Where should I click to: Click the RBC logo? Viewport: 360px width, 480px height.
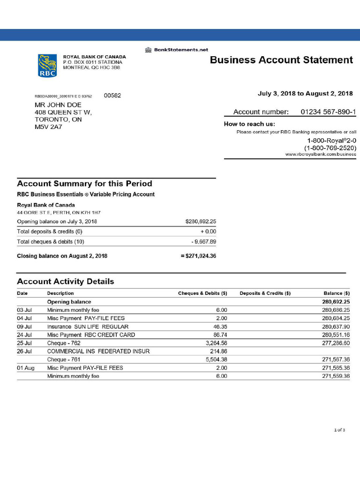pos(47,65)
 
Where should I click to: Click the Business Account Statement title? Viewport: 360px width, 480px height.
pos(281,60)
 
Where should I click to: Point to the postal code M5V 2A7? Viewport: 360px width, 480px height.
pos(49,127)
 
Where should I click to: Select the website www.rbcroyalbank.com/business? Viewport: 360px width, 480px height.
pos(321,154)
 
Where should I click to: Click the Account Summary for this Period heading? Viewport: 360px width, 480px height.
pos(84,184)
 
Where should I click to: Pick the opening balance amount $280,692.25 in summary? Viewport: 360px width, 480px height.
pos(201,221)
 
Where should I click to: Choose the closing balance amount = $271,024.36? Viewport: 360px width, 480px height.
pos(198,256)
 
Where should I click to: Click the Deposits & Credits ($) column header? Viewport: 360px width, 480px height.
pos(265,293)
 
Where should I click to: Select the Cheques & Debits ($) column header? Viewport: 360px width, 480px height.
pos(202,293)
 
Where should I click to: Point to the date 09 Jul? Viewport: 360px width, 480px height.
pos(24,327)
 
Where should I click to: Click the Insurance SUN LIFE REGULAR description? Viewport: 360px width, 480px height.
pos(88,327)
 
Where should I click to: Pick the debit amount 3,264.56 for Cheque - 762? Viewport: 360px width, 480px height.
pos(217,343)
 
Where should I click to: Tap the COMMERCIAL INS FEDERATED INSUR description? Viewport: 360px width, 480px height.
pos(98,351)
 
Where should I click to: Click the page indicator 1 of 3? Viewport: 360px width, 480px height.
pos(339,430)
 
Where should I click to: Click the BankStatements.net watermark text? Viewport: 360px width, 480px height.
pos(176,50)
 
